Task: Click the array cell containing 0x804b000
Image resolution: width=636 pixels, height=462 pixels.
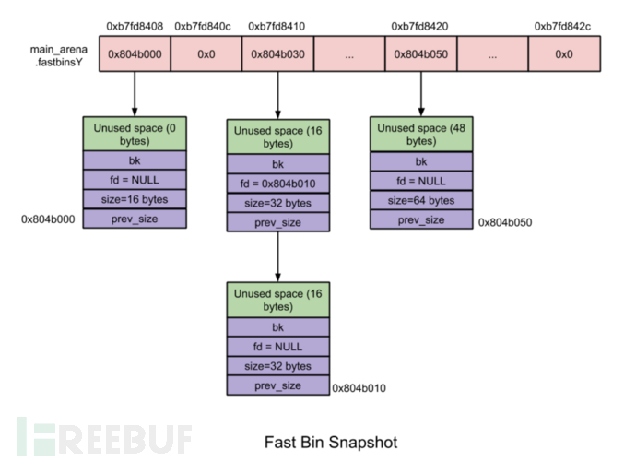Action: pyautogui.click(x=135, y=54)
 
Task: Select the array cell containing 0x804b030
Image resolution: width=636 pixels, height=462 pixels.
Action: pyautogui.click(x=277, y=54)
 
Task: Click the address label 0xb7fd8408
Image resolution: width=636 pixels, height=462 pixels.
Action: pyautogui.click(x=135, y=25)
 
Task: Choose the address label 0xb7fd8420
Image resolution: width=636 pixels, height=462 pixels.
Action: pyautogui.click(x=421, y=25)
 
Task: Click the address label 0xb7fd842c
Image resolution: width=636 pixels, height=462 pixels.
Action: pyautogui.click(x=564, y=25)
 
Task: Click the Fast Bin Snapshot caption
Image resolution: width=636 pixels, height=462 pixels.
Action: pyautogui.click(x=331, y=442)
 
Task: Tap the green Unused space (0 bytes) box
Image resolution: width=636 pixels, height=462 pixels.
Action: pyautogui.click(x=135, y=135)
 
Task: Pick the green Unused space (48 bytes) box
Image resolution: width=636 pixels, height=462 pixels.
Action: pyautogui.click(x=421, y=135)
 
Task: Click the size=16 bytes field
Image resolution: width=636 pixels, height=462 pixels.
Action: pyautogui.click(x=135, y=200)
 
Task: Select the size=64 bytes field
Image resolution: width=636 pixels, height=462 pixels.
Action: pyautogui.click(x=421, y=200)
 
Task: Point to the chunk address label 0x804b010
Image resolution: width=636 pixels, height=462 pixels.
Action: pyautogui.click(x=360, y=388)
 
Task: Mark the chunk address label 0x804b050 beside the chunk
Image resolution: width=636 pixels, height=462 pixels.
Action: pyautogui.click(x=505, y=222)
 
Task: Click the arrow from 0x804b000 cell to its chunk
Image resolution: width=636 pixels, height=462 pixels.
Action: pyautogui.click(x=135, y=94)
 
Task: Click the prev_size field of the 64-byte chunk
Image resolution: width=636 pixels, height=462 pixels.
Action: pyautogui.click(x=421, y=219)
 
